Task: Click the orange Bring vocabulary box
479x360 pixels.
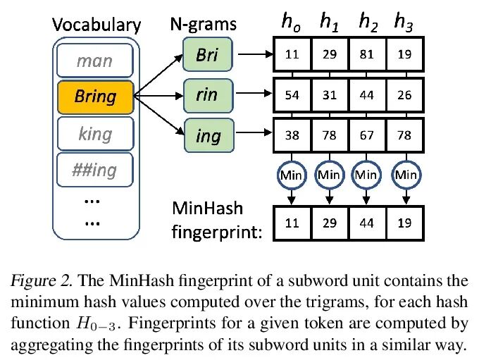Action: [x=96, y=97]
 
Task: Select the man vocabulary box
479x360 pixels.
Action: [x=96, y=61]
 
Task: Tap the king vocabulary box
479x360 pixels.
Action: [x=96, y=134]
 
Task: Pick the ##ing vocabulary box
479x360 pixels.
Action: [x=96, y=170]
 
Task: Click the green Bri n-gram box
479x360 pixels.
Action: [x=206, y=54]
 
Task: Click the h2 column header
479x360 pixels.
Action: [x=367, y=22]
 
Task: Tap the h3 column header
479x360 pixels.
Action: [x=404, y=22]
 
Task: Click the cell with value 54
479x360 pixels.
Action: [x=290, y=95]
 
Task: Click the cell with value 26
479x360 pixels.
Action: [x=404, y=95]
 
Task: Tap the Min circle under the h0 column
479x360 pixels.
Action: [x=291, y=174]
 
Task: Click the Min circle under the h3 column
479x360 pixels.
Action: [x=404, y=174]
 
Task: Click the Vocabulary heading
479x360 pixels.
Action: [x=97, y=25]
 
